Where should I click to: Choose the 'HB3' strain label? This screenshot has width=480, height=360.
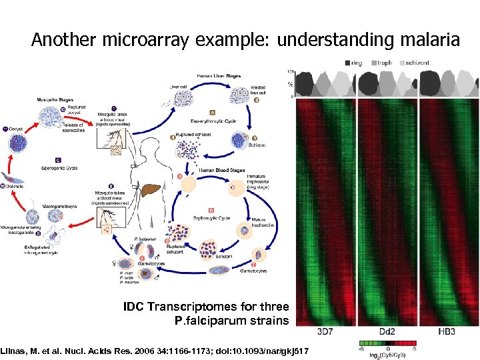point(446,332)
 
